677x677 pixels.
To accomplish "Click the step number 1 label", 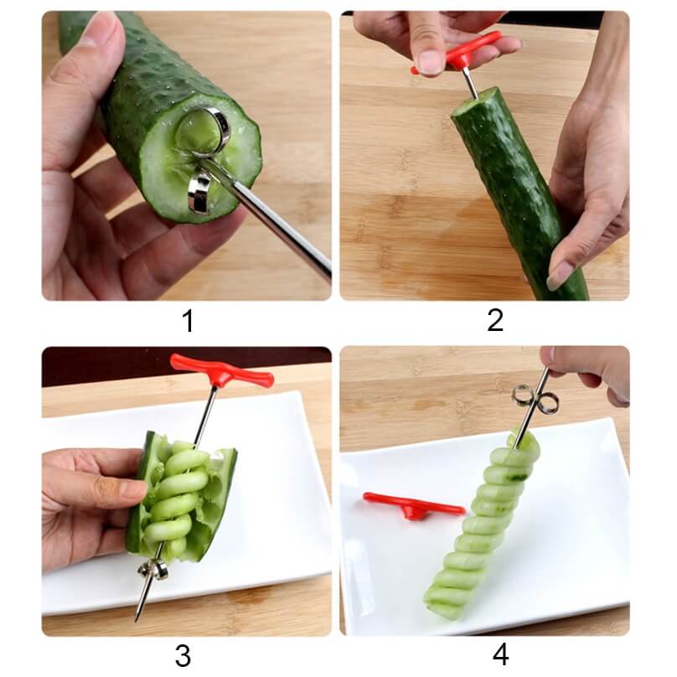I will click(x=188, y=320).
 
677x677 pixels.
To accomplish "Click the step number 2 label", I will click(x=494, y=320).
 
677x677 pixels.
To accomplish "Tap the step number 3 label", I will click(x=183, y=655).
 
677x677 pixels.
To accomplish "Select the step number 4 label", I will click(x=500, y=654).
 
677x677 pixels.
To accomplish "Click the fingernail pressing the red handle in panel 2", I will click(x=430, y=61).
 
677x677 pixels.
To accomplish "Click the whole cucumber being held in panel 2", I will click(x=519, y=193).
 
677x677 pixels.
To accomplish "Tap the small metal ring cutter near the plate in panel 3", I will click(x=152, y=570).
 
